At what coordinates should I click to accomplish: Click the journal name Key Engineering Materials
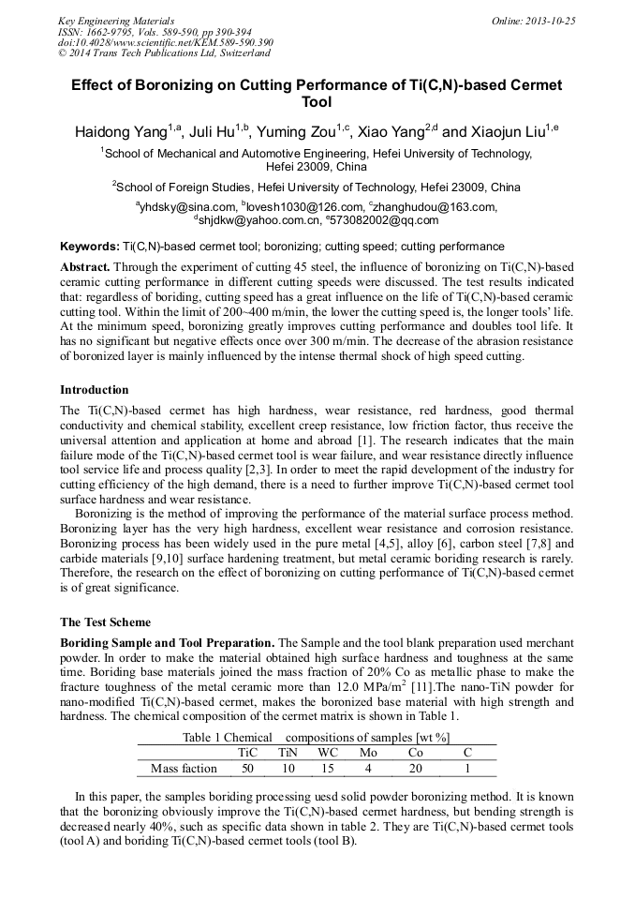(116, 21)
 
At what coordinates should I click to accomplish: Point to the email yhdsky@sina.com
(187, 207)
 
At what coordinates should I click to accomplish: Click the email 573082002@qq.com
(382, 221)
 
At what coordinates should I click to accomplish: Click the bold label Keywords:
(90, 247)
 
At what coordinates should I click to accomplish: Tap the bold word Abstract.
(84, 267)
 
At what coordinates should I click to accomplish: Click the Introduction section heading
(95, 389)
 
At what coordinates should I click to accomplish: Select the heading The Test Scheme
(105, 622)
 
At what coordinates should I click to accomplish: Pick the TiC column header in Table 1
(247, 752)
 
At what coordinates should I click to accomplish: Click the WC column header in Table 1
(328, 752)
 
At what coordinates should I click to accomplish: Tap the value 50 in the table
(247, 769)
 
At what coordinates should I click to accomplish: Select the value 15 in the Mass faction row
(327, 769)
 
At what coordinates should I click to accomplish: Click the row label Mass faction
(184, 769)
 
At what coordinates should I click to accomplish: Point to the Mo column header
(368, 752)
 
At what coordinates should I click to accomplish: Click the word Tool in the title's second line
(317, 103)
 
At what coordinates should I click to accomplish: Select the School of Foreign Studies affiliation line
(317, 187)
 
